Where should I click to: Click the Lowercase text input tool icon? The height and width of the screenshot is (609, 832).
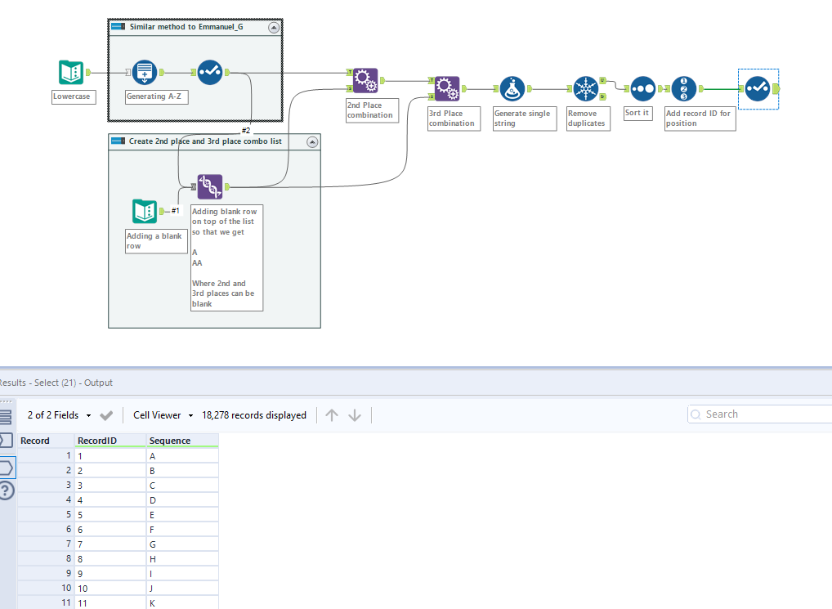pos(71,72)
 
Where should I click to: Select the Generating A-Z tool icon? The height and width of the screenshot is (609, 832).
pos(144,72)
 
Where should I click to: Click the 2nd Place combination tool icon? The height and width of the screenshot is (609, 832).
pos(365,80)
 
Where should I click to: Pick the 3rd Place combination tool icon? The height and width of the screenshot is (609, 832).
pos(447,88)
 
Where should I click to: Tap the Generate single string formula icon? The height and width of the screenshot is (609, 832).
pos(512,88)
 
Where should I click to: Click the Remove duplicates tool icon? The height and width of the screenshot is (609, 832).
pos(585,88)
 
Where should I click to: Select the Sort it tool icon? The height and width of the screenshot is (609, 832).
pos(642,88)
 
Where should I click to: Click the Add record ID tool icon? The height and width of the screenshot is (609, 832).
pos(683,88)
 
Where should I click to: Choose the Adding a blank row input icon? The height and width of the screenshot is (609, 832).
pos(144,211)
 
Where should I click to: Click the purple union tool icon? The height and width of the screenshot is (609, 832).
pos(210,186)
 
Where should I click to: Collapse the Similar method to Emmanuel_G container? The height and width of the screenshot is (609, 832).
pos(274,27)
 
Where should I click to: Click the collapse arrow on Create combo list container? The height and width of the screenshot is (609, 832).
pos(312,141)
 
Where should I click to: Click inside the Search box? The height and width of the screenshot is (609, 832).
pos(764,414)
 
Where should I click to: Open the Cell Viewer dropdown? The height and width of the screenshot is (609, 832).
pos(163,415)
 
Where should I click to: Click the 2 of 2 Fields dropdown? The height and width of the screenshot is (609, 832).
pos(60,415)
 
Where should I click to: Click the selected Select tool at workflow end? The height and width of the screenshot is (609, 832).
pos(757,88)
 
